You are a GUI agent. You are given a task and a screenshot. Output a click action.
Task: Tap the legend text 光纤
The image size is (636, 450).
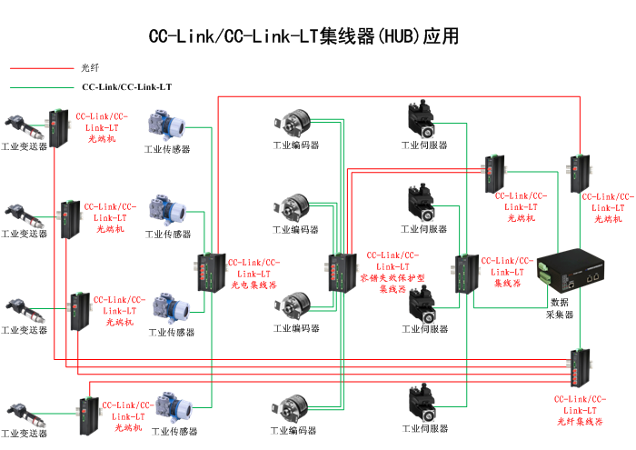(90, 68)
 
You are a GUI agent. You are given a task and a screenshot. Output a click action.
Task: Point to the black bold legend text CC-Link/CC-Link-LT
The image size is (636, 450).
(127, 88)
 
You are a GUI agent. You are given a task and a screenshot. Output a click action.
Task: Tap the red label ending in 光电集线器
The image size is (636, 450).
(253, 274)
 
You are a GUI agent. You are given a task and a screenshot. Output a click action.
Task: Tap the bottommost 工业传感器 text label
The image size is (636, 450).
(174, 432)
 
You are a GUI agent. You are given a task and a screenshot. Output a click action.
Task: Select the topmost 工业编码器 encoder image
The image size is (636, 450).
(296, 125)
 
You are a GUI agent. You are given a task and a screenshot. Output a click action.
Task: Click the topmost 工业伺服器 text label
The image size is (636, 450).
(425, 145)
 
